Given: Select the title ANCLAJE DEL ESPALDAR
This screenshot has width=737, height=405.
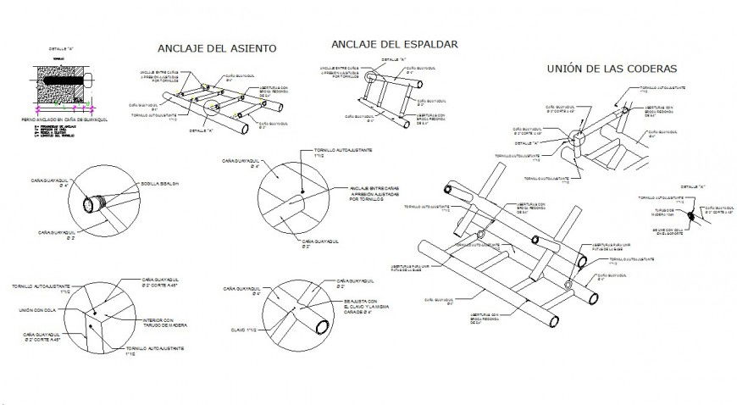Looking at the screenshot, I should coord(395,43).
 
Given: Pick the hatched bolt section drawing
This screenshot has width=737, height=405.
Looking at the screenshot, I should coord(60,86).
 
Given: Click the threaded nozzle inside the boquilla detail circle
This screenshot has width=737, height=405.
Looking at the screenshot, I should coord(91,203).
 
